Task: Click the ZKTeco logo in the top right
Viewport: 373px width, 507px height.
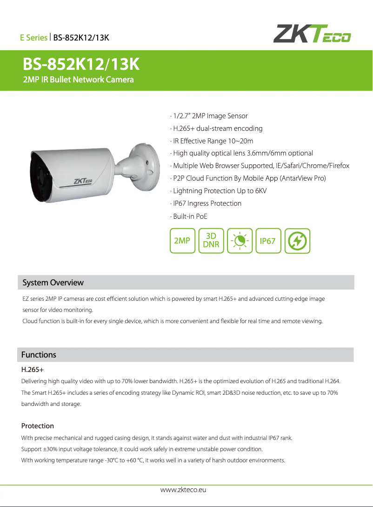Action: (x=312, y=34)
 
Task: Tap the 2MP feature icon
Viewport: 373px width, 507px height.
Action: (x=182, y=241)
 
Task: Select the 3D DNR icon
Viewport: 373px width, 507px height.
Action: (x=211, y=241)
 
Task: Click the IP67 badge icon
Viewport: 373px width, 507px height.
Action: (x=268, y=241)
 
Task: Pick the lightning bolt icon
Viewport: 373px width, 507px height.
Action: (x=297, y=241)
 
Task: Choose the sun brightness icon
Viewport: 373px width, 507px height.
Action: (x=240, y=241)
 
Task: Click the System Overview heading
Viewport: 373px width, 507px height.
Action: (x=53, y=283)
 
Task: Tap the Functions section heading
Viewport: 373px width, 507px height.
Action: (x=39, y=355)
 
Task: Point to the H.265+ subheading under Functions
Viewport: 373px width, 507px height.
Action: (x=33, y=370)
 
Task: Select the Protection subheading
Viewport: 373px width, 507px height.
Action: (x=38, y=426)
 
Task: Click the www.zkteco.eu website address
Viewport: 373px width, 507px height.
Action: (x=183, y=490)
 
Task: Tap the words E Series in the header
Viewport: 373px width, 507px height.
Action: (x=33, y=37)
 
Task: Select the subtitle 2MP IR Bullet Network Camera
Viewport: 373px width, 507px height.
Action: (x=79, y=80)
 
